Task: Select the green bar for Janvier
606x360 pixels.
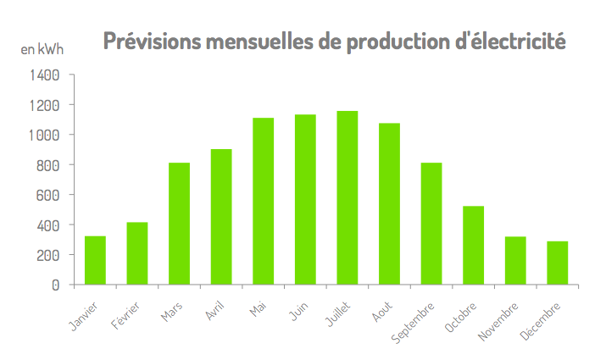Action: (x=95, y=260)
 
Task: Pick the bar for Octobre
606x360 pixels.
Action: (x=473, y=245)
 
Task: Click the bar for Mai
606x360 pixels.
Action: (x=263, y=201)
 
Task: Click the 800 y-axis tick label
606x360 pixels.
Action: (x=47, y=165)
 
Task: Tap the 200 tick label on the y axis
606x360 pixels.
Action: (x=47, y=255)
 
